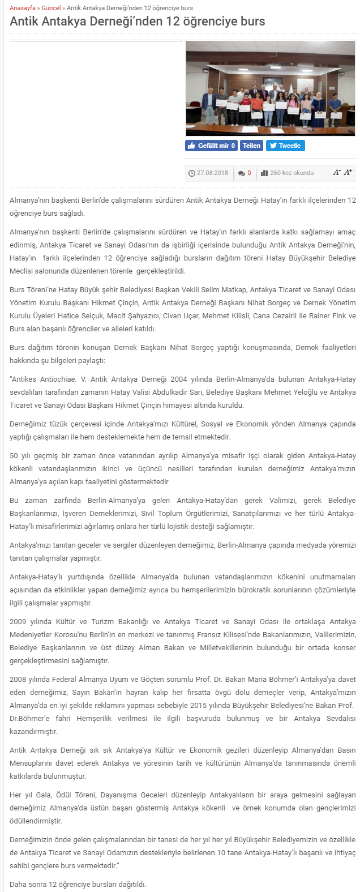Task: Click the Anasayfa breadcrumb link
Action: click(22, 8)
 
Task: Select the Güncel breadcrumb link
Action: click(52, 8)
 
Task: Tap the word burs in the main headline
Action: click(251, 22)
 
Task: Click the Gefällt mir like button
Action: click(212, 146)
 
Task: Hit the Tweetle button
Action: click(285, 146)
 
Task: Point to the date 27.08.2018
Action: click(212, 173)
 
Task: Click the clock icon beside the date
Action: click(192, 173)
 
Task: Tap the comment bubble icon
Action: click(242, 173)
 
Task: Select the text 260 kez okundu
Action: click(292, 173)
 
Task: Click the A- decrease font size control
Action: click(337, 172)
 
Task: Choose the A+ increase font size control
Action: click(348, 172)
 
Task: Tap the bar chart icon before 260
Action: click(264, 173)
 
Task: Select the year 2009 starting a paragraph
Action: click(18, 621)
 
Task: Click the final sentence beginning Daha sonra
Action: click(78, 884)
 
